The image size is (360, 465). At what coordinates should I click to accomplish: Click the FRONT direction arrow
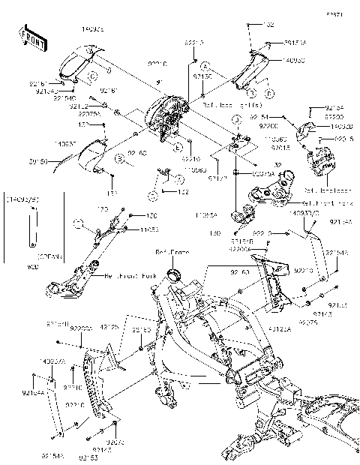pyautogui.click(x=28, y=39)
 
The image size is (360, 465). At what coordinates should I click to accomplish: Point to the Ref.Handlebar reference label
pyautogui.click(x=322, y=190)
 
